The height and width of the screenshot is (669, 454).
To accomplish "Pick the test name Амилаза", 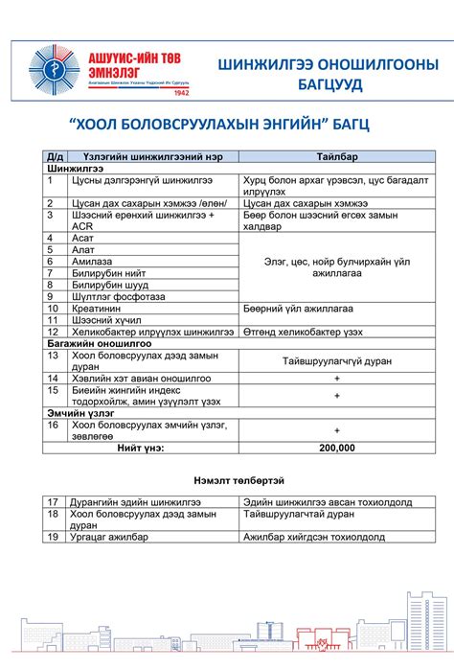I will point(93,262).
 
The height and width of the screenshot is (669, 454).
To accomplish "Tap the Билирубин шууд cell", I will point(109,285).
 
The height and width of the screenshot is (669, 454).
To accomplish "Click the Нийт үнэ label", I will point(141,448).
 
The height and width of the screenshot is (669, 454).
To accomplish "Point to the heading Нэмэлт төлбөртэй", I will point(226,479).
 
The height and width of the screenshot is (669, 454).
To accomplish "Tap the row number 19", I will point(54,538).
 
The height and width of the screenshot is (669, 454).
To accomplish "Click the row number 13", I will point(54,354).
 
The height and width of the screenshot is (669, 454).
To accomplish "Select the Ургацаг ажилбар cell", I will point(109,538).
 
